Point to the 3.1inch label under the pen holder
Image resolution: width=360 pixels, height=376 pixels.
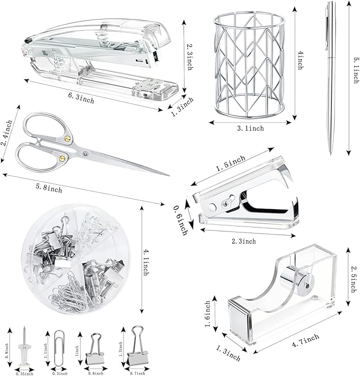[250, 128]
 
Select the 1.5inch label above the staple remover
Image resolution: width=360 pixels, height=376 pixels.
[231, 161]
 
